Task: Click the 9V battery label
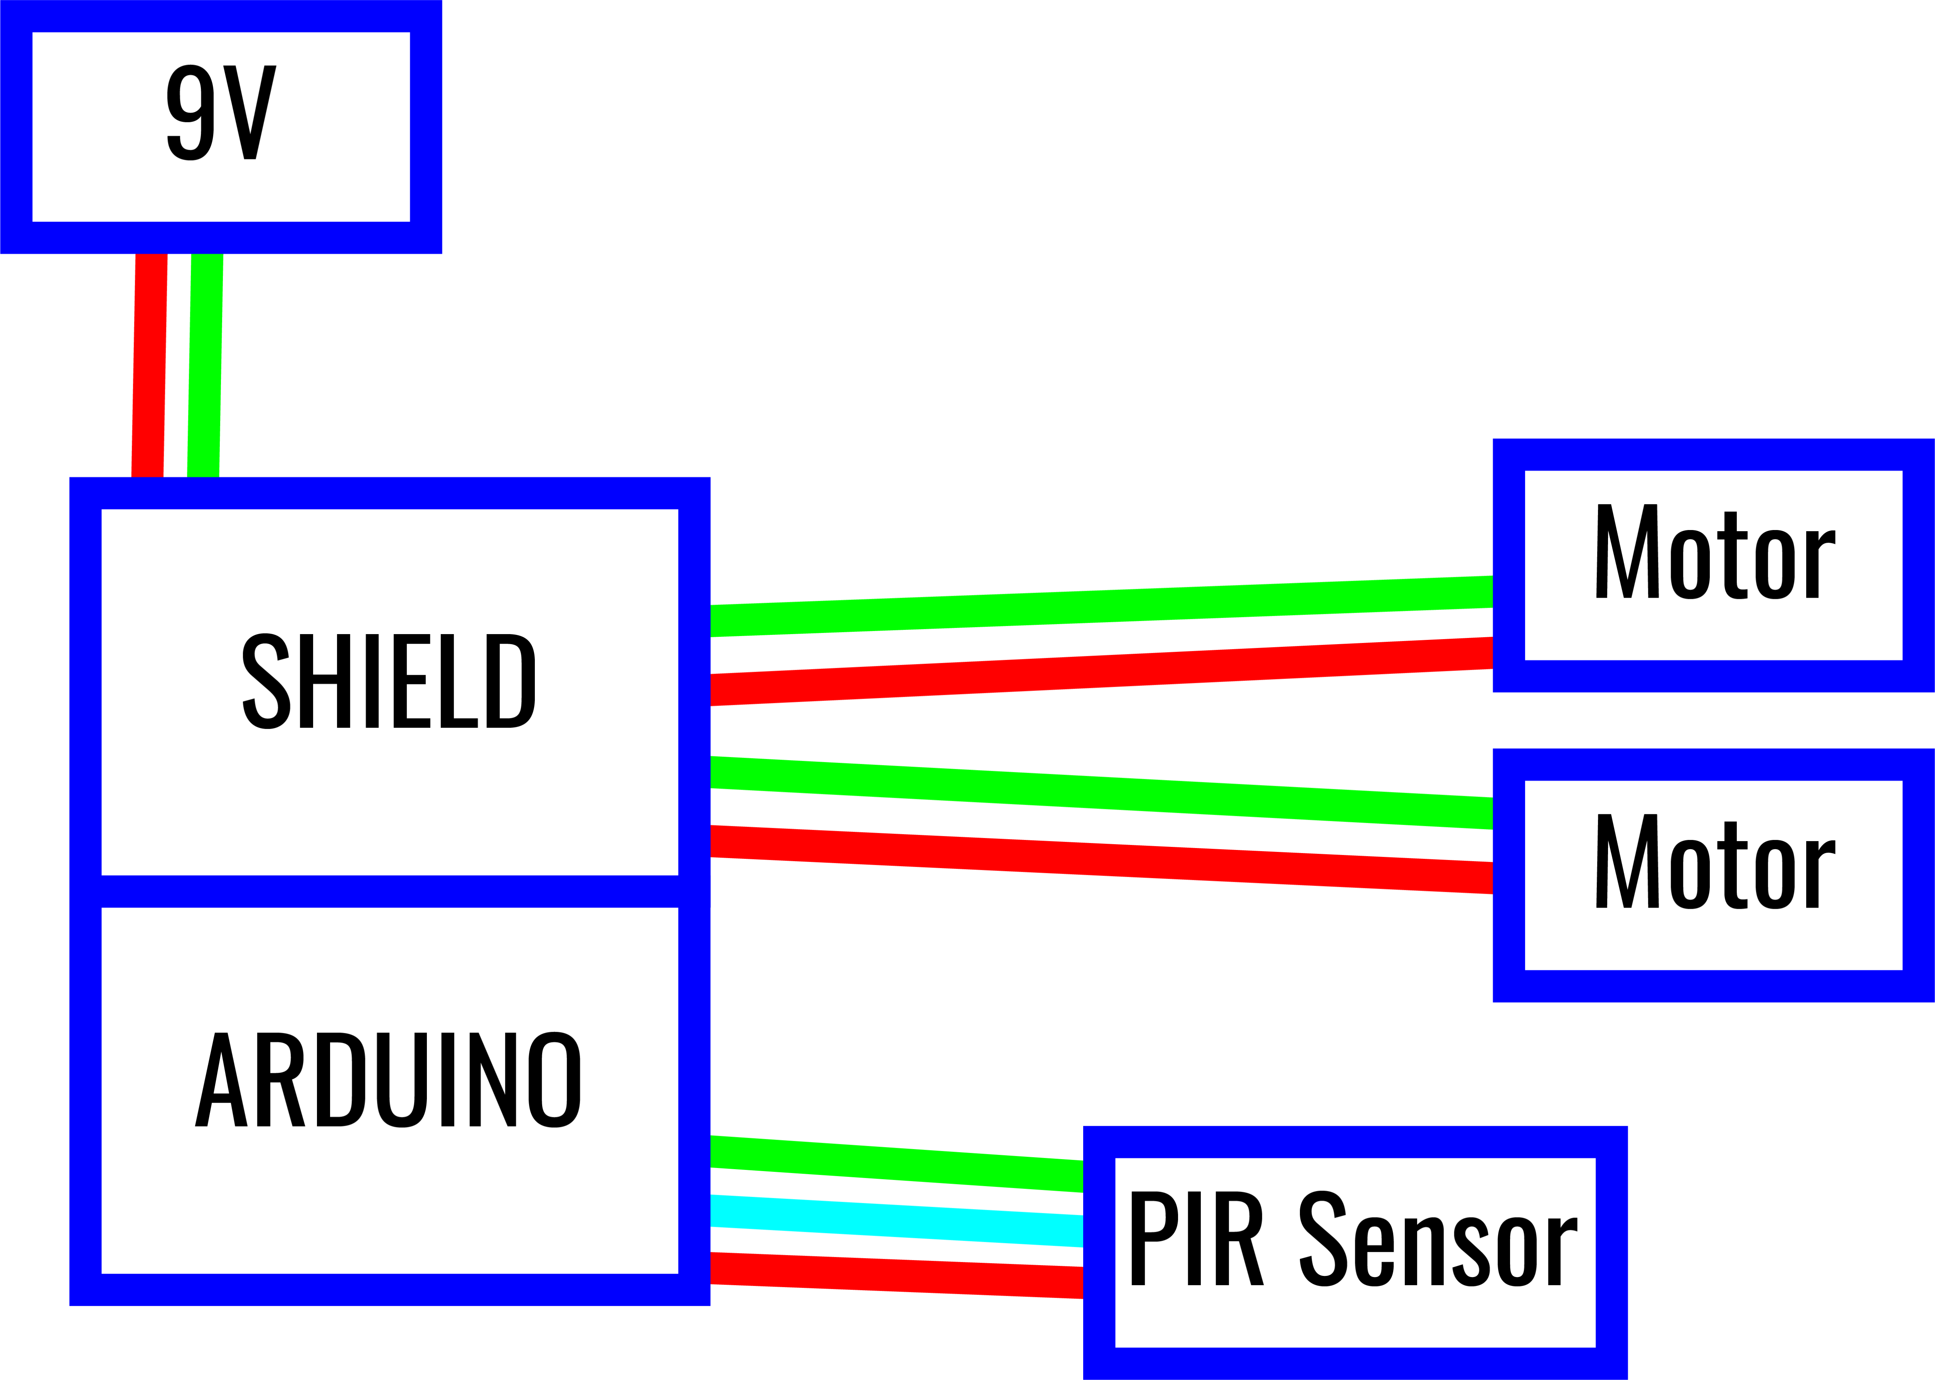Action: (x=221, y=113)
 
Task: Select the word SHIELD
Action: (x=389, y=682)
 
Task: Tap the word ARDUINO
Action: (x=389, y=1080)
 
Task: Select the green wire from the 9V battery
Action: (x=205, y=365)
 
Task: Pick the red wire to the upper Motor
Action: (x=1101, y=671)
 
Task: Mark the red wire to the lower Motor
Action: (x=1101, y=859)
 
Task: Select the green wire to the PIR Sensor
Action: (x=897, y=1164)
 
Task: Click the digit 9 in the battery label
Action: (x=188, y=113)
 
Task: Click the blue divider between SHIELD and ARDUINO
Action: (x=389, y=891)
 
